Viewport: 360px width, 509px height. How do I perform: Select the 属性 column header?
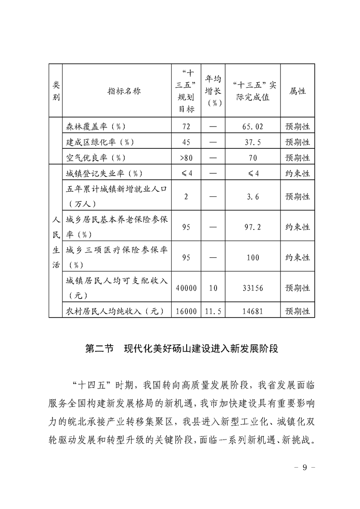pos(297,91)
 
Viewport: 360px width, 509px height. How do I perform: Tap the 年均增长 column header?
pos(213,91)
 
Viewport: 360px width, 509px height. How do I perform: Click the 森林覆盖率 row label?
pos(95,126)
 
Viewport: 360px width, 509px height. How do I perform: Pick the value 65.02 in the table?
pos(252,126)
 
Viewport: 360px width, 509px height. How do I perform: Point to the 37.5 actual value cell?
pos(252,142)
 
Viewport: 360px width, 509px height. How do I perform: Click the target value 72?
pos(186,126)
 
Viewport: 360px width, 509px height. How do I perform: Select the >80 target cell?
pos(186,158)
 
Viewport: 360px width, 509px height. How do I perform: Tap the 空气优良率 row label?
pos(95,158)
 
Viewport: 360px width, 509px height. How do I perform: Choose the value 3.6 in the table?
pos(252,196)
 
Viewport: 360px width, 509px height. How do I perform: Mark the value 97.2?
pos(252,227)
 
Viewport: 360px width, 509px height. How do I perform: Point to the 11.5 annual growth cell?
pos(213,311)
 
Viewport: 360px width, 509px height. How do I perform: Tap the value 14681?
pos(252,311)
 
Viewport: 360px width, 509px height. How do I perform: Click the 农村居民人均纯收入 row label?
pos(114,311)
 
